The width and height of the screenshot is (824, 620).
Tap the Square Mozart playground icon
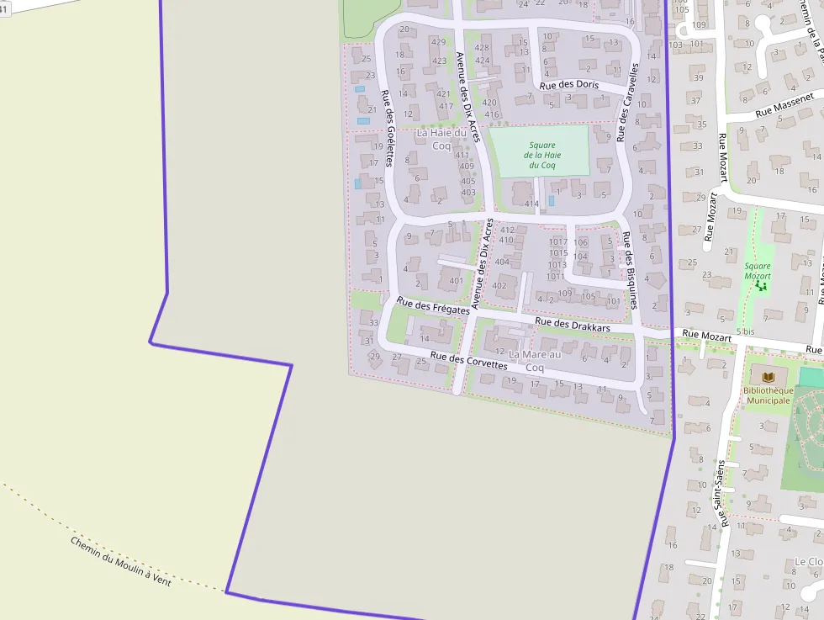761,286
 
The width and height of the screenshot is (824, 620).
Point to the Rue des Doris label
569,85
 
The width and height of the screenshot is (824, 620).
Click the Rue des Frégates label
433,305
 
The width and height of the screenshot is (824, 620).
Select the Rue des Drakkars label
573,323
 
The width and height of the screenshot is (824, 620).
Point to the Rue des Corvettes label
468,361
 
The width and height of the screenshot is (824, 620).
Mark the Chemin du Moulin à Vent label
120,561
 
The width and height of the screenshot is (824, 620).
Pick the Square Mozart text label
757,270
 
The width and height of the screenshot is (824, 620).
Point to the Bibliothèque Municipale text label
768,395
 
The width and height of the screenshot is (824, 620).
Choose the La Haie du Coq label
441,139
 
